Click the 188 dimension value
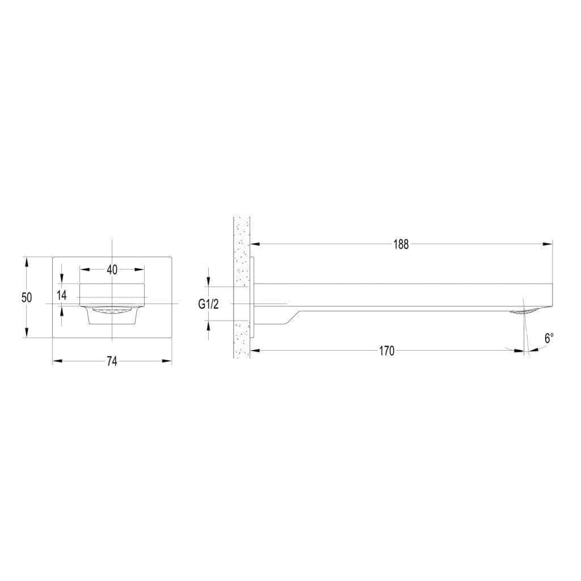[401, 245]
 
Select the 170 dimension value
[386, 351]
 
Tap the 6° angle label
[549, 338]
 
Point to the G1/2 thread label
[208, 304]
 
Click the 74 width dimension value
[112, 361]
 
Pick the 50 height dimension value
[27, 297]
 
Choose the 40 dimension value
[112, 270]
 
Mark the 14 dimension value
[61, 295]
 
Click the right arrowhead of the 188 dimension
[548, 244]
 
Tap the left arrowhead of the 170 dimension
[255, 351]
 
